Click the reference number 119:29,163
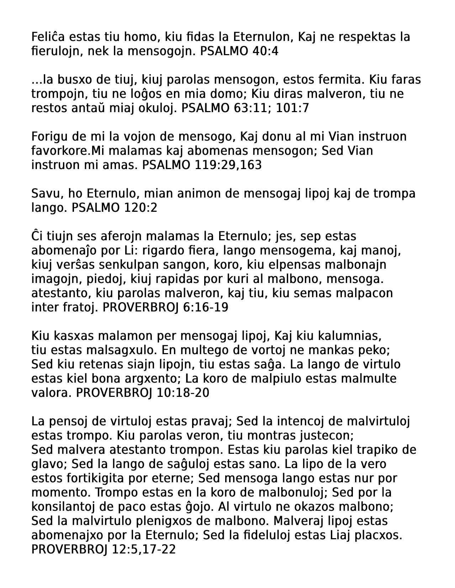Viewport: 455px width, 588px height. point(228,165)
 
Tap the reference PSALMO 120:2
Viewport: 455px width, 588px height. point(114,208)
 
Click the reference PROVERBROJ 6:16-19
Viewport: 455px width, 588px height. point(165,308)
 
